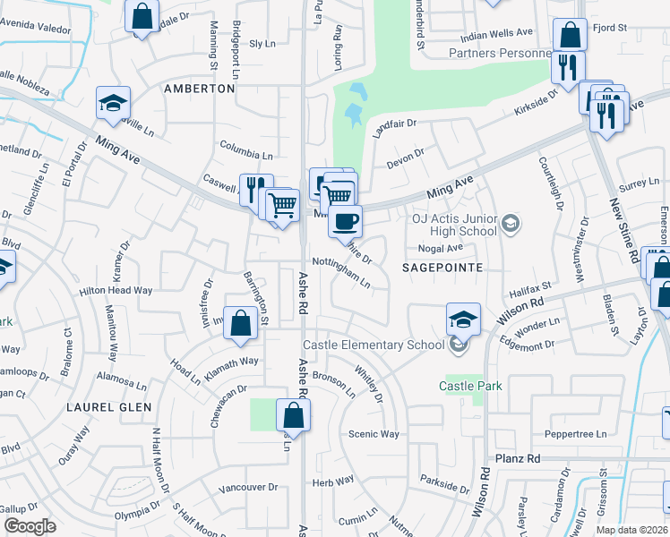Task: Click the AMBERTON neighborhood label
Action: point(199,89)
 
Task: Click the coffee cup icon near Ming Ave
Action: point(345,220)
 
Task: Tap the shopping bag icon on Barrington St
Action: point(241,325)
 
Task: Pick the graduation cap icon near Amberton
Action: point(114,104)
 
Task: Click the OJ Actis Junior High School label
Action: point(453,225)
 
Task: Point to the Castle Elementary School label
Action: point(374,345)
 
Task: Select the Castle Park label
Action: point(470,386)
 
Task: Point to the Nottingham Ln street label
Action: point(341,272)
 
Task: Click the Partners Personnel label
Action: point(499,53)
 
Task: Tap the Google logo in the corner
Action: point(30,526)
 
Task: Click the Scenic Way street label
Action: point(374,434)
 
